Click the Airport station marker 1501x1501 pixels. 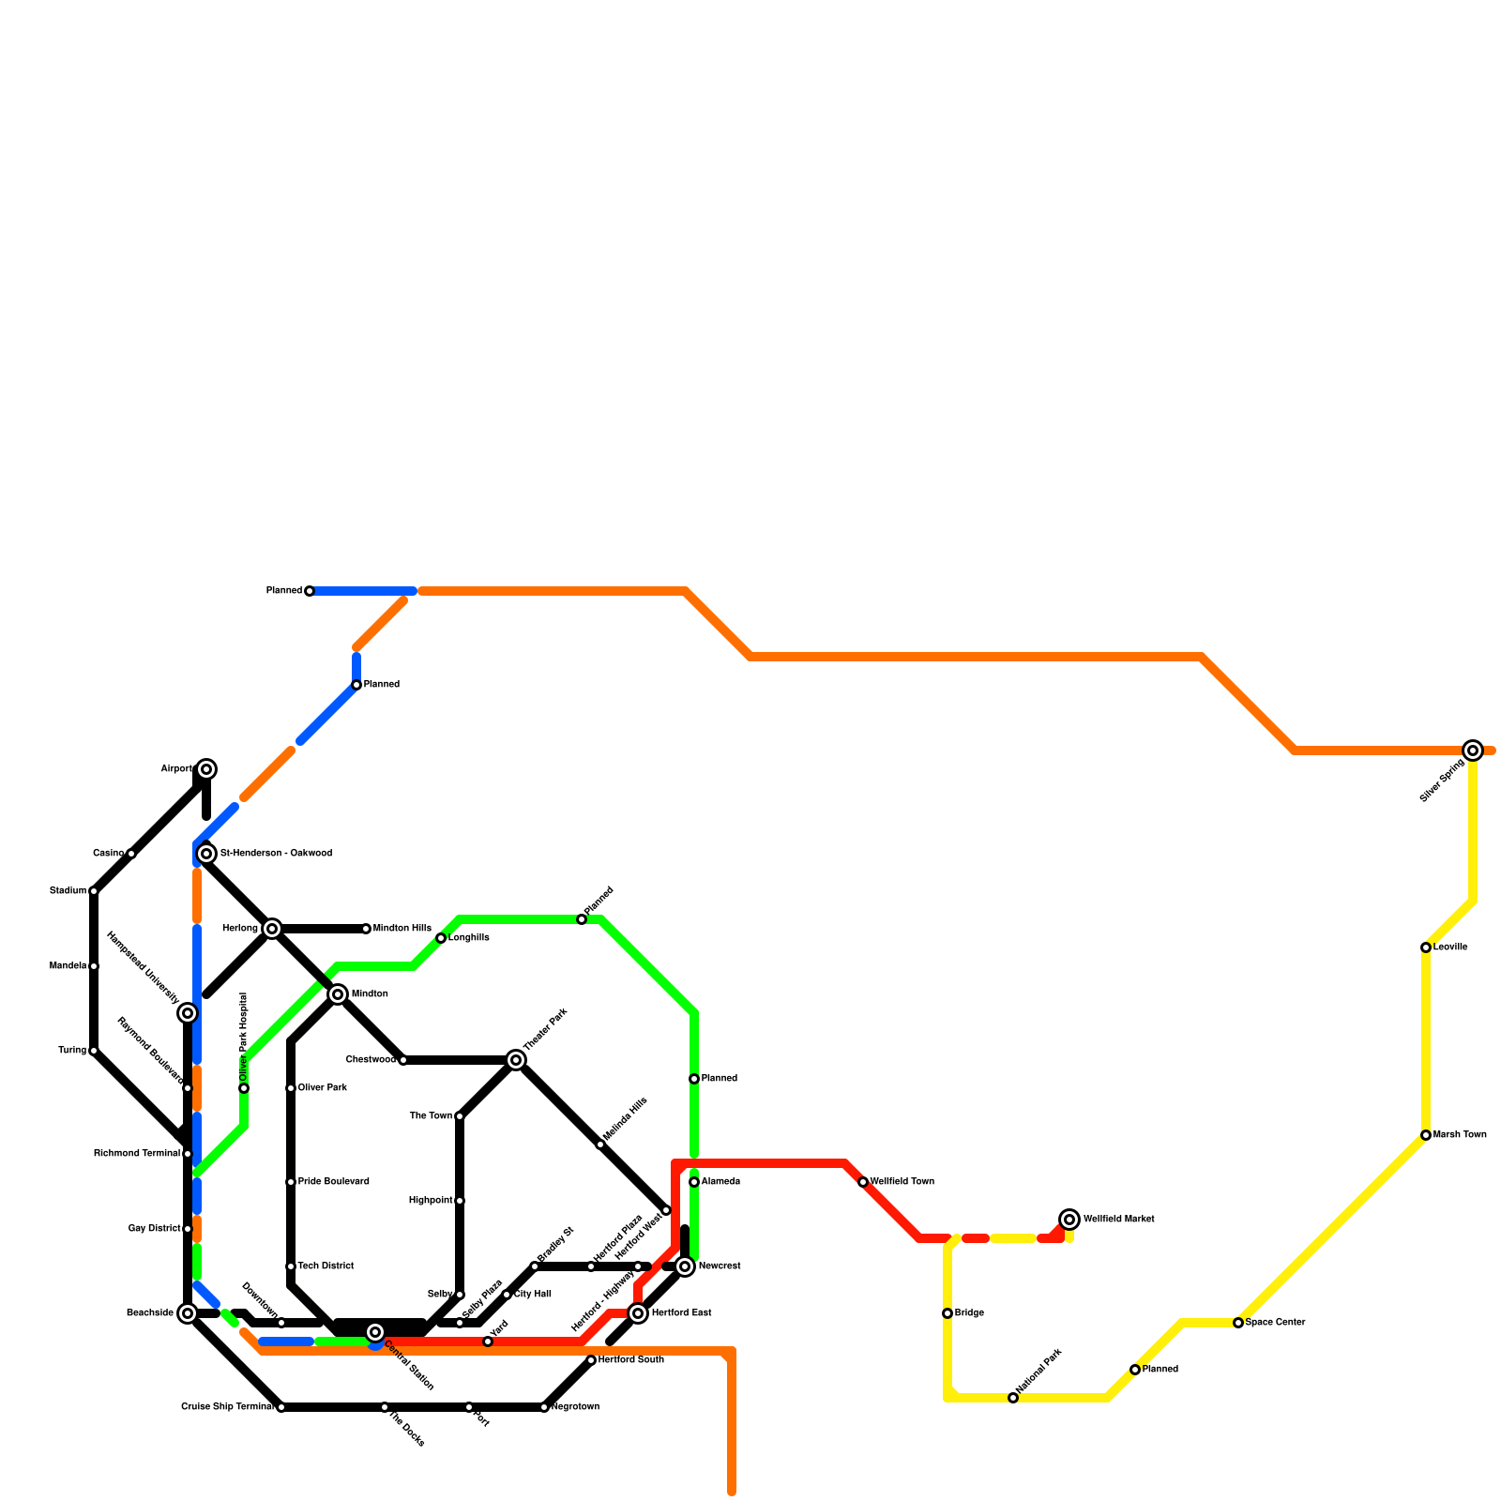coord(206,769)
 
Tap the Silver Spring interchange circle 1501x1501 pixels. coord(1473,750)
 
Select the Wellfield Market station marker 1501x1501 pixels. coord(1069,1220)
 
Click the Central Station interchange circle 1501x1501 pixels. coord(375,1332)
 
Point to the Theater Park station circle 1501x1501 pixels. coord(516,1060)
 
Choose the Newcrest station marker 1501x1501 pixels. coord(685,1266)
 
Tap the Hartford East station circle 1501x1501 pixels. coord(638,1313)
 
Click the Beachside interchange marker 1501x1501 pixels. coord(188,1313)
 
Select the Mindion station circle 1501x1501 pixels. coord(338,994)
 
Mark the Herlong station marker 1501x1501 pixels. coord(272,929)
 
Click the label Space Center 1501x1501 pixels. coord(1275,1323)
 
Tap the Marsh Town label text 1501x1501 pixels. coord(1460,1135)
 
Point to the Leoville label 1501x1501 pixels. coord(1450,948)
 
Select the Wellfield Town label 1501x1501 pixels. coord(902,1182)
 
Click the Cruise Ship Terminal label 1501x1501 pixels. coord(227,1407)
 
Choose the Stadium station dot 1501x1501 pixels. coord(94,891)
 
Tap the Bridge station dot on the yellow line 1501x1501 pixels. coord(948,1313)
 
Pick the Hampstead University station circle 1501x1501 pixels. coord(188,1013)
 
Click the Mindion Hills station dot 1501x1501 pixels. coord(366,929)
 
